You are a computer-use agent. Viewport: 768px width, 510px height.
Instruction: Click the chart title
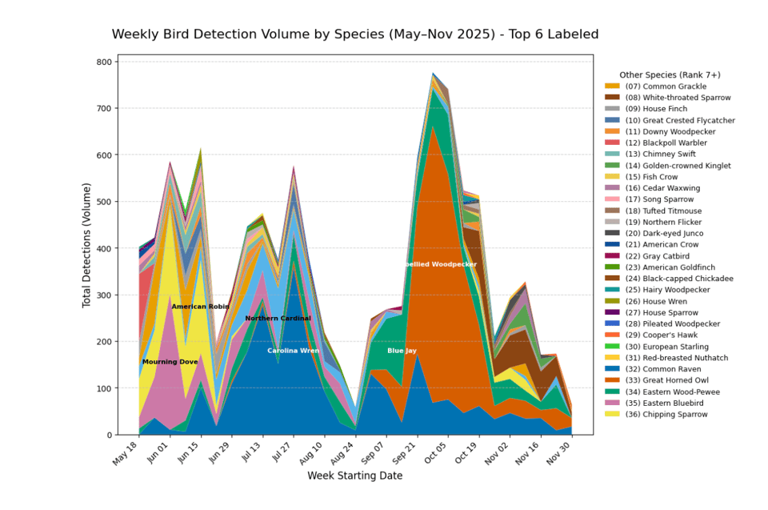click(x=354, y=34)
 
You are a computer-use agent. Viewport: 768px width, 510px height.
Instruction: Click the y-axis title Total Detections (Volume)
click(x=86, y=244)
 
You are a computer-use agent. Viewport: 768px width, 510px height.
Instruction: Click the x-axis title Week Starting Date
click(x=354, y=476)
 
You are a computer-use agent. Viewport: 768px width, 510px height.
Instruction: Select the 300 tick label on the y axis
click(x=105, y=295)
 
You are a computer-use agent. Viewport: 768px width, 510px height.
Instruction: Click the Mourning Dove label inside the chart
click(x=170, y=362)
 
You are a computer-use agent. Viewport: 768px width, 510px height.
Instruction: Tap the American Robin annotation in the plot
click(x=200, y=307)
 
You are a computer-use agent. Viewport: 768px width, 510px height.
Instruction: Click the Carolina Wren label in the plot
click(x=293, y=351)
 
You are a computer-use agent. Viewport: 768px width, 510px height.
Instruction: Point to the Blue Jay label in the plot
click(x=402, y=351)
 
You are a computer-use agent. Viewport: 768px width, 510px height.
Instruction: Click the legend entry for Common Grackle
click(x=666, y=86)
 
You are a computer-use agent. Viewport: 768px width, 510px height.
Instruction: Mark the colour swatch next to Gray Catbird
click(x=612, y=256)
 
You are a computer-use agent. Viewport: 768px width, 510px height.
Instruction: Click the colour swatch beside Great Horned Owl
click(x=612, y=380)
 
